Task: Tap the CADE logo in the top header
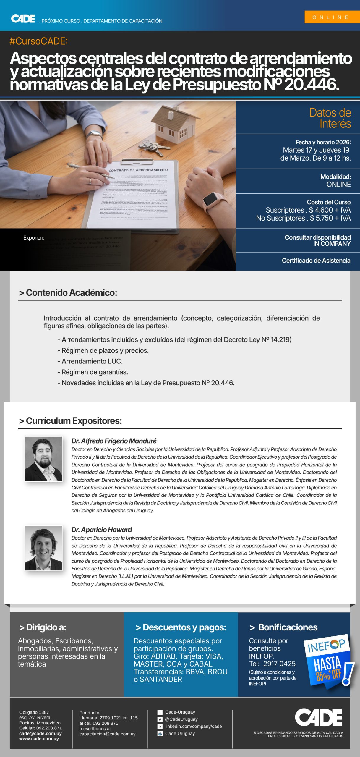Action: (23, 19)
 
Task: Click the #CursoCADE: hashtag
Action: (39, 41)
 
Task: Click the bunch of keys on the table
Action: (151, 147)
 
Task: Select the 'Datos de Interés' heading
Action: (330, 118)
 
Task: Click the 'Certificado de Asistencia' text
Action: (316, 261)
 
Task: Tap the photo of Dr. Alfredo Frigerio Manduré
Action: (43, 459)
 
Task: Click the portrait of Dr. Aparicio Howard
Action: (43, 548)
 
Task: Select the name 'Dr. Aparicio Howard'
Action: (102, 530)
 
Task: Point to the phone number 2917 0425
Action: (279, 664)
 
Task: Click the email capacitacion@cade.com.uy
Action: (107, 734)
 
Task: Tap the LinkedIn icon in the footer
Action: (160, 726)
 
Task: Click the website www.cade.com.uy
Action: (39, 739)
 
